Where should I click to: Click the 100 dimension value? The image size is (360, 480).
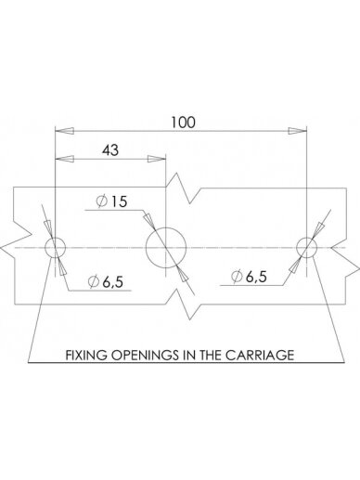pos(184,123)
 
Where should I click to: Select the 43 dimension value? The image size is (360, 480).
pos(110,150)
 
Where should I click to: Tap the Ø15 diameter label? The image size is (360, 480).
pos(111,201)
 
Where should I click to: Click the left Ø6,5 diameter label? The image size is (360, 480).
pos(106,281)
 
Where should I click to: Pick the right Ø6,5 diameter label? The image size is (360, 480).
pos(249,276)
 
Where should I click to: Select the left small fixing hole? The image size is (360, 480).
pos(45,248)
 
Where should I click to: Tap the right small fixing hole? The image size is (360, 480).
pos(297,248)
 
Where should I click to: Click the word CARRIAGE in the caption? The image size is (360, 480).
pos(260,355)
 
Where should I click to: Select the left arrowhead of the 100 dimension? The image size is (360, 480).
pos(64,131)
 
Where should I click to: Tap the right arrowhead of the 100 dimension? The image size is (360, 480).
pos(297,131)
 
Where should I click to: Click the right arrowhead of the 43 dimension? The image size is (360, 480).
pos(157,159)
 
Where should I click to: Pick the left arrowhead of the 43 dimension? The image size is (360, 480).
pos(64,159)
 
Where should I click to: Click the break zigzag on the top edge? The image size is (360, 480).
pos(183,188)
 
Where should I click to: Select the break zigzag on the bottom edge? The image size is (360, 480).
pos(183,305)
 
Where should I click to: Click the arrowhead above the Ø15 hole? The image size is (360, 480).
pos(149,220)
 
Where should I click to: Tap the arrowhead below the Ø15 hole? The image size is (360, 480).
pos(183,275)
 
